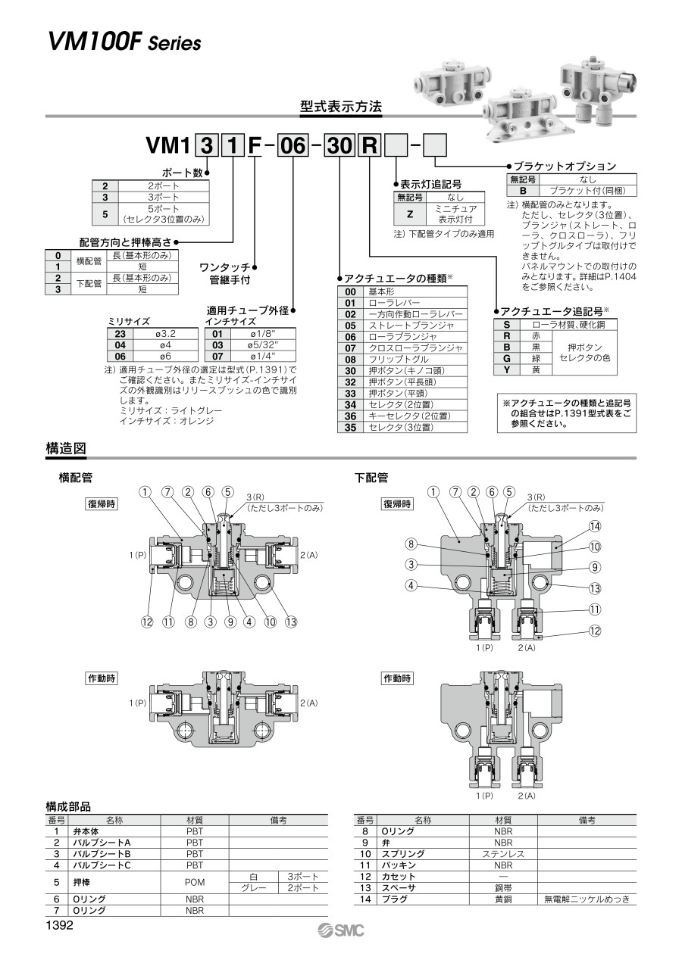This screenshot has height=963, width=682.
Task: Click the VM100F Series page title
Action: tap(125, 42)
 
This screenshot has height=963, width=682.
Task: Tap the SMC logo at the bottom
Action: tap(342, 930)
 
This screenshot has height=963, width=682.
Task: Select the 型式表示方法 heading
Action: tap(340, 107)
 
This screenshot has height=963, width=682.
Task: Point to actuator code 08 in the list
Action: tap(350, 360)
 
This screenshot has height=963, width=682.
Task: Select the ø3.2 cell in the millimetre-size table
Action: tap(167, 332)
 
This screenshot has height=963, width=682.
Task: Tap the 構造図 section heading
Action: tap(66, 449)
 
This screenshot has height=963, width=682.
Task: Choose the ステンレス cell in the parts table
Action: tap(503, 853)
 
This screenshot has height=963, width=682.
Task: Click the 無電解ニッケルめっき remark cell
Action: tap(587, 899)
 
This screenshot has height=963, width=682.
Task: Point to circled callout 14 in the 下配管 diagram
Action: tap(595, 526)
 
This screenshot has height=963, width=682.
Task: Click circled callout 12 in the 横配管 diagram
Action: tap(147, 622)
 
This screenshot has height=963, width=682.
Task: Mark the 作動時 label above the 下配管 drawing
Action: tap(398, 678)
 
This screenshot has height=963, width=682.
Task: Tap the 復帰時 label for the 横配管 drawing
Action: tap(101, 504)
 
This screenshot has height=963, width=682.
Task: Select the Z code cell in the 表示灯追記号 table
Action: tap(409, 214)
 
